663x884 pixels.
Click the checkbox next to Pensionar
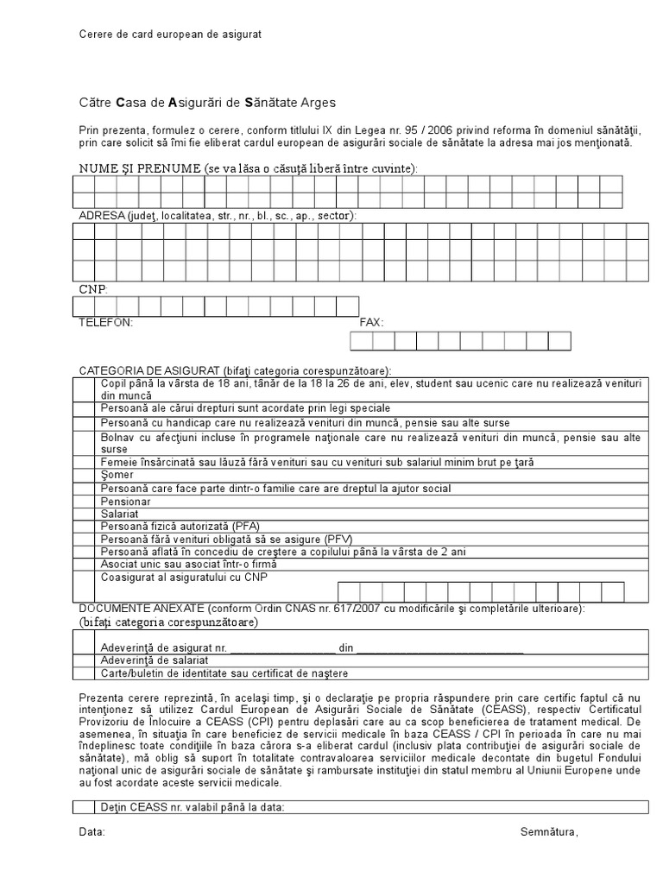85,502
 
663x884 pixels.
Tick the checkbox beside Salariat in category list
85,514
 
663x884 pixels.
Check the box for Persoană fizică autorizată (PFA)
85,526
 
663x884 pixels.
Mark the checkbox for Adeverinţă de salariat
85,660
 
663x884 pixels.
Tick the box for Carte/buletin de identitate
85,673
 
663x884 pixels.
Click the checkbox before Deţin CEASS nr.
85,808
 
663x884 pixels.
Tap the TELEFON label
106,322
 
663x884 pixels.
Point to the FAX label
371,322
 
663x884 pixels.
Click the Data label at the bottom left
92,832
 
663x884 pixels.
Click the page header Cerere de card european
169,34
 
